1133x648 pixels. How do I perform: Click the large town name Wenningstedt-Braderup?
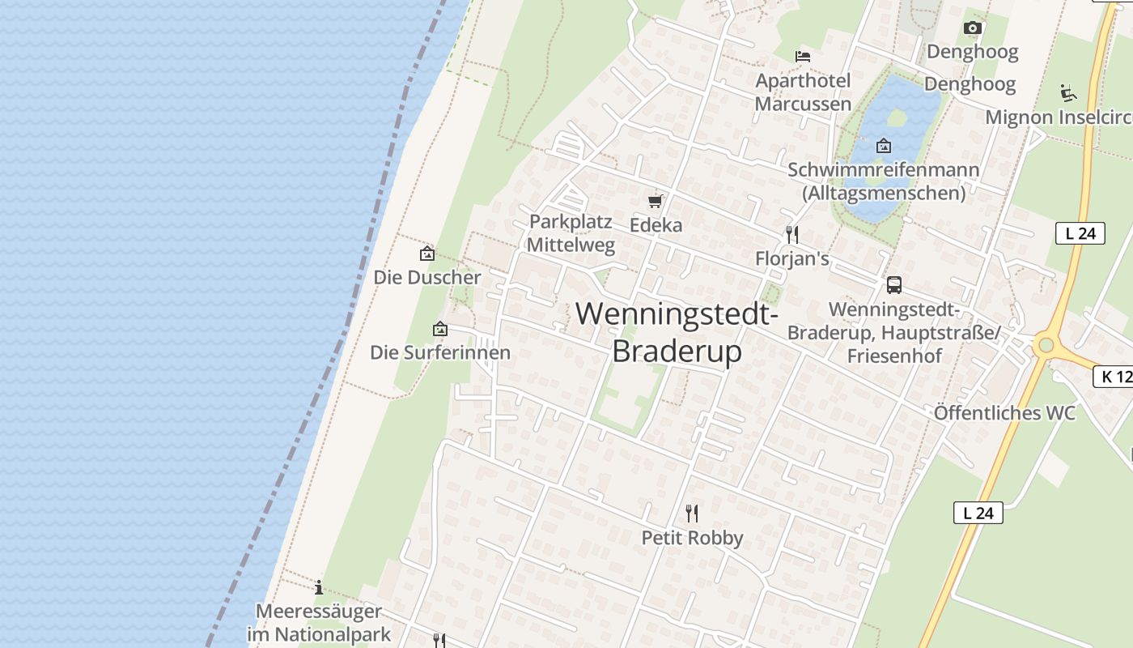[677, 332]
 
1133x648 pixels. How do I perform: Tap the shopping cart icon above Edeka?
[656, 201]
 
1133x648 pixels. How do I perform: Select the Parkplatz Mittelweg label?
[571, 233]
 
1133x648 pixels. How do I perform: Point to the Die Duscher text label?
[427, 277]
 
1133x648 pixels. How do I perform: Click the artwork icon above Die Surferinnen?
[440, 329]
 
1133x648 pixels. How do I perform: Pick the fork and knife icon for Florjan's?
[792, 235]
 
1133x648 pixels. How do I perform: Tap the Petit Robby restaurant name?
[692, 538]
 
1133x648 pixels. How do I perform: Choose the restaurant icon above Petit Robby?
[692, 513]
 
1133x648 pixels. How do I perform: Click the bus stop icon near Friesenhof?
[894, 285]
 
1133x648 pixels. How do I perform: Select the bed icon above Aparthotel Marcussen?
[803, 57]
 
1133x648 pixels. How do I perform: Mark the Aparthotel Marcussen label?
[803, 92]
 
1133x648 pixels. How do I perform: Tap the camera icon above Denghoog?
[973, 28]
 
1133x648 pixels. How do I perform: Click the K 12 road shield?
[1114, 376]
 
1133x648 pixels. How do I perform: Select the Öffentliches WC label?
[1004, 413]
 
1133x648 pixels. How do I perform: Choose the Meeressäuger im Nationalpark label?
[319, 622]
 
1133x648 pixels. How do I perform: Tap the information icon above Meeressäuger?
[319, 587]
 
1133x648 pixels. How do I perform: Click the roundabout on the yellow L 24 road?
[1046, 346]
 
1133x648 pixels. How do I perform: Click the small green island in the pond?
[897, 117]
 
